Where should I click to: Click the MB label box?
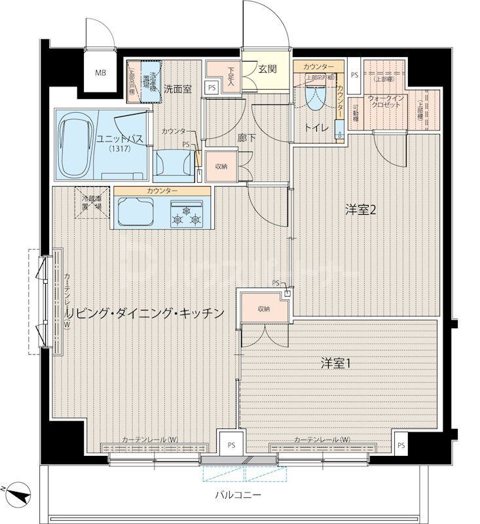coord(101,72)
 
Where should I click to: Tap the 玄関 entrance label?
coord(266,69)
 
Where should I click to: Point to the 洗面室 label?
coord(177,89)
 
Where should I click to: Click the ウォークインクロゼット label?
coord(384,102)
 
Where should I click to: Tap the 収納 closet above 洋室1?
coord(263,309)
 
